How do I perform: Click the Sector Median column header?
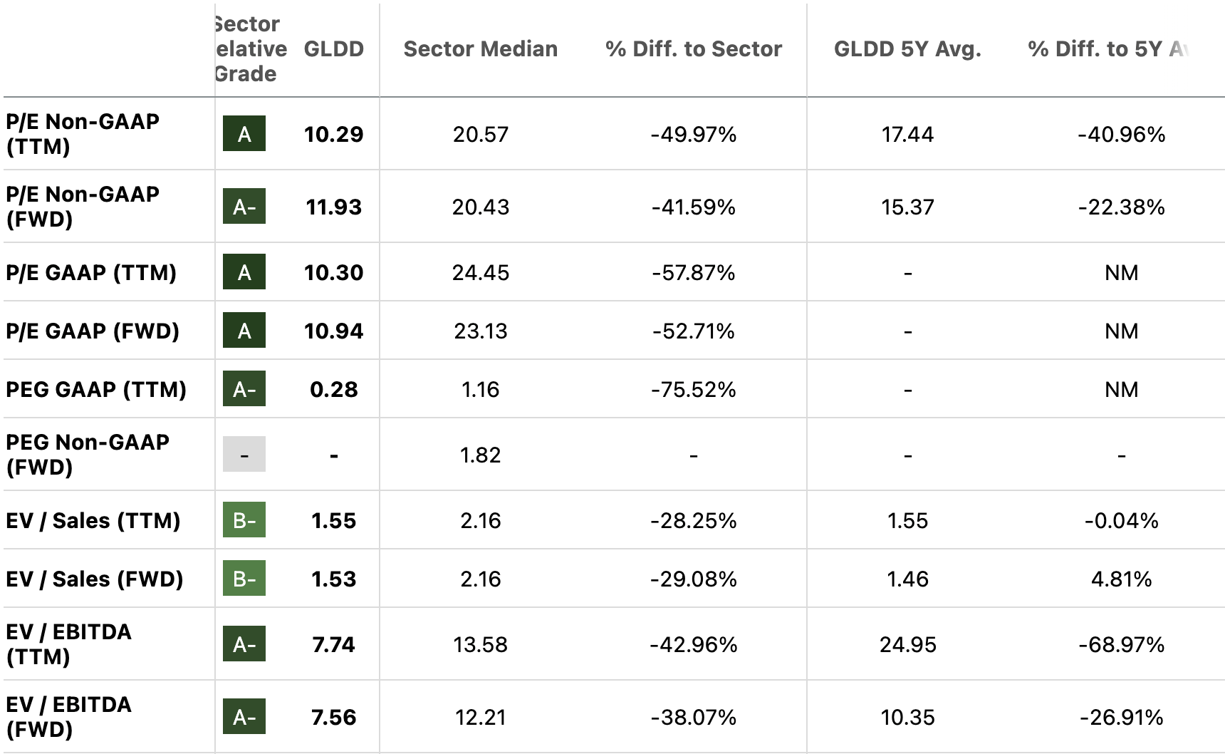[480, 49]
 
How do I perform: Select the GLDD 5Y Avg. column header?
[907, 49]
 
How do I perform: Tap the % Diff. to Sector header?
[693, 49]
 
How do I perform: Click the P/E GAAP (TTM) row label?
[91, 273]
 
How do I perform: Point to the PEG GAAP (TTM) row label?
[96, 390]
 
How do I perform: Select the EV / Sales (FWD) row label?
[95, 579]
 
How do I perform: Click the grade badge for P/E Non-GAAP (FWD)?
[244, 207]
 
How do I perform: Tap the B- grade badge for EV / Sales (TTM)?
[244, 520]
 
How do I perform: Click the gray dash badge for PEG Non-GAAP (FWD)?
[244, 455]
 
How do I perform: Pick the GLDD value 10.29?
[333, 135]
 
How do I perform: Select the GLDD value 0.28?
[333, 390]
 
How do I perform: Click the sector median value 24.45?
[480, 273]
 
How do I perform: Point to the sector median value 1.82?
[480, 455]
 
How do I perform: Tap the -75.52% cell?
[693, 390]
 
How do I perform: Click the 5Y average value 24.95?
[907, 645]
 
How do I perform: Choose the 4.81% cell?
[1121, 579]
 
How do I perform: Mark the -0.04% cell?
[1121, 521]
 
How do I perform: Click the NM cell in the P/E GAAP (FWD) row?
[1121, 331]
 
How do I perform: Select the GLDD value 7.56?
[333, 718]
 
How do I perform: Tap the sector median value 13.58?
[480, 645]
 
